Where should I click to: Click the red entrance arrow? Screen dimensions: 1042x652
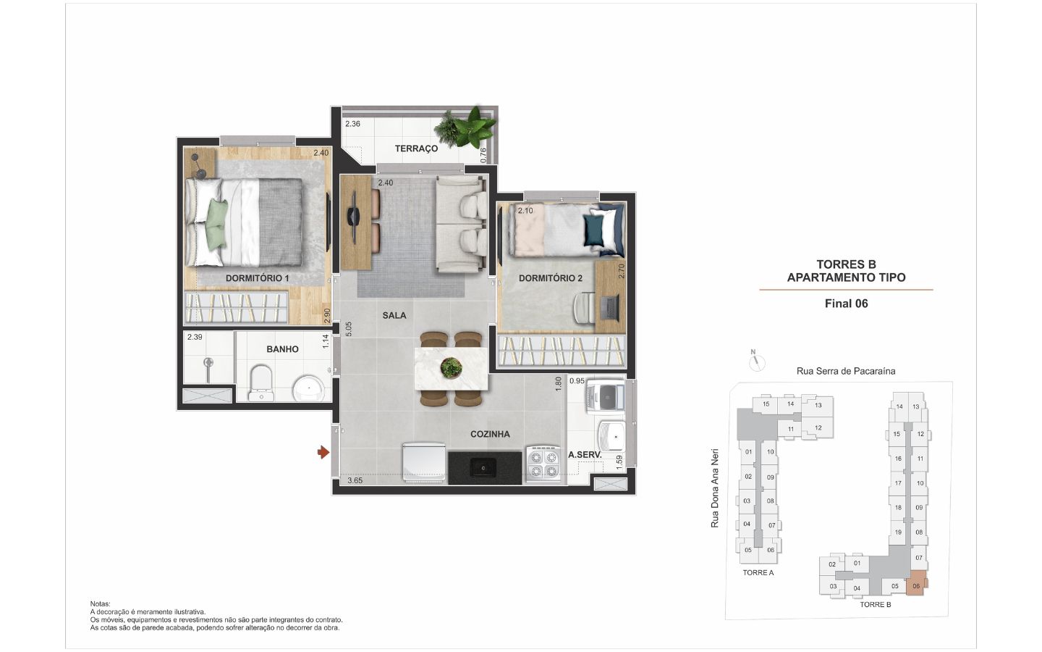(x=323, y=452)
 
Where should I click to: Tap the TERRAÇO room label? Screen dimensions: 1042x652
(x=416, y=149)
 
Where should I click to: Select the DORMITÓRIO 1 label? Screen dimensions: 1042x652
(x=258, y=278)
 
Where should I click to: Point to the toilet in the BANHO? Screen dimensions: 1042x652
(x=260, y=383)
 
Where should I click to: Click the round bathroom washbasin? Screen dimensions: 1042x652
(x=308, y=388)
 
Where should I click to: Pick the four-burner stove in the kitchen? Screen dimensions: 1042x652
(x=543, y=464)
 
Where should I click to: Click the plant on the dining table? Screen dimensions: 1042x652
(x=452, y=368)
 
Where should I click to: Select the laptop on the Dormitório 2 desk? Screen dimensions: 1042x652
(x=610, y=307)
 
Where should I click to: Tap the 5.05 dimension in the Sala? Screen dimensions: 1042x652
(x=349, y=329)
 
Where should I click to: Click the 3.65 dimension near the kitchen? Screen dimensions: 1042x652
(x=355, y=480)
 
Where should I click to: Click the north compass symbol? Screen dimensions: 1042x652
(x=757, y=361)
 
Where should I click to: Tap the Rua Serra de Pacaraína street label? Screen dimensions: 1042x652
(x=846, y=371)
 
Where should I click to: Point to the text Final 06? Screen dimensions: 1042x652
(x=846, y=304)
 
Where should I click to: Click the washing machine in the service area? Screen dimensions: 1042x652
(x=605, y=396)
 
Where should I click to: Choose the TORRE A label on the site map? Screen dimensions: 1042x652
(x=758, y=573)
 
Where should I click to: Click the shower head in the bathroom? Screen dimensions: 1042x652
(x=208, y=363)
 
